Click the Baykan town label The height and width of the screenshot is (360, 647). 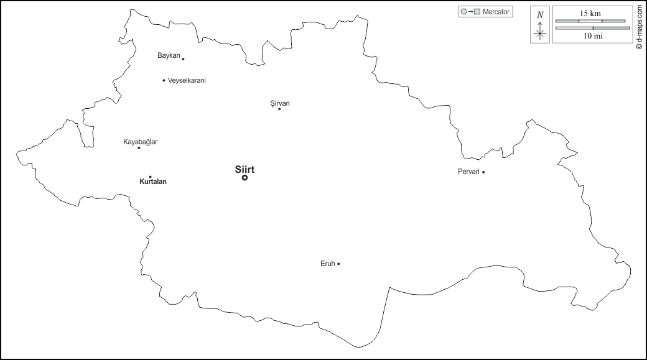169,56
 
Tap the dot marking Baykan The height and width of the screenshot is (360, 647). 183,59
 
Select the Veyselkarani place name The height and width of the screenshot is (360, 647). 187,81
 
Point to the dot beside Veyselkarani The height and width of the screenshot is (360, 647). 164,80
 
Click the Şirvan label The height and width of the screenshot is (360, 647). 280,103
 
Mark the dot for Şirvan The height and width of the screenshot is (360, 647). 279,109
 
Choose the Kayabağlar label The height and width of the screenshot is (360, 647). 140,142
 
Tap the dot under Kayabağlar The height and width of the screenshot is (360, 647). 139,148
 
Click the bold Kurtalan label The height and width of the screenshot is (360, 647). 153,182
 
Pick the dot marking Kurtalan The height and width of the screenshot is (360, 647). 150,177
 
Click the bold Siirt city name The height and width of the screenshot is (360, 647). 244,169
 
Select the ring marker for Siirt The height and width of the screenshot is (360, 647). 244,178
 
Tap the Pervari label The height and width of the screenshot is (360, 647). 468,172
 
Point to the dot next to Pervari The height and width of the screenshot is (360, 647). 483,172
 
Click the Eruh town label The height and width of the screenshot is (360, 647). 327,264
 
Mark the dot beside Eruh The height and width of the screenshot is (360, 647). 338,264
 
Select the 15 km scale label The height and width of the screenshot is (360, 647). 590,13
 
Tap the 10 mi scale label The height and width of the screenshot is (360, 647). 592,36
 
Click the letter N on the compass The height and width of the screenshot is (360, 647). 539,14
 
